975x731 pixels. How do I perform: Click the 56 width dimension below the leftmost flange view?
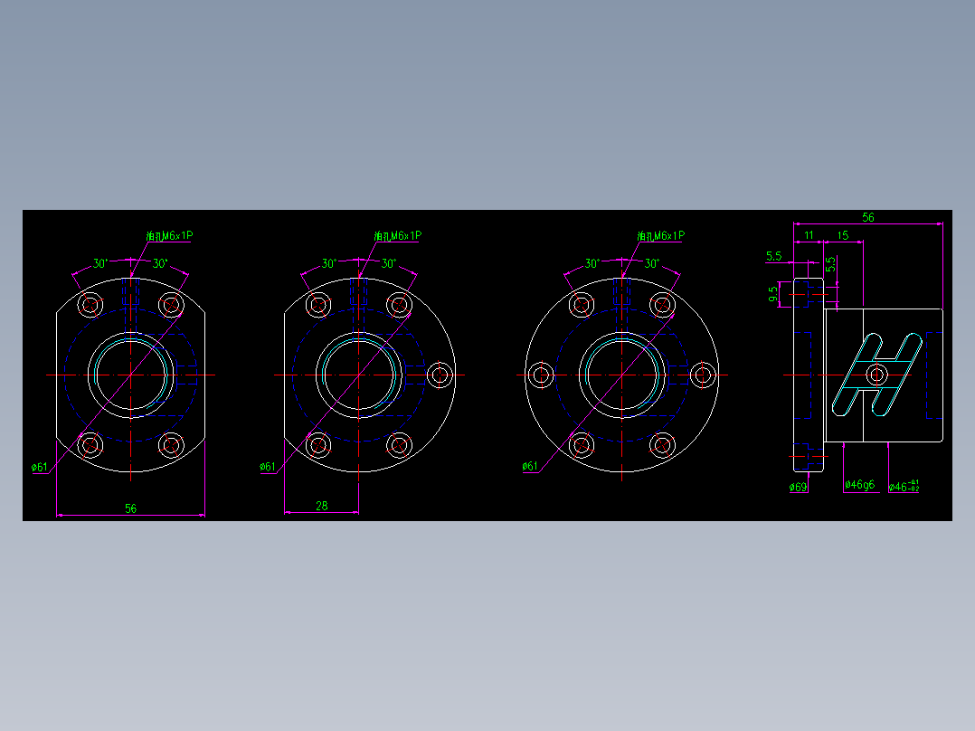[130, 508]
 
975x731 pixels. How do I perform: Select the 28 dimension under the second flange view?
[322, 506]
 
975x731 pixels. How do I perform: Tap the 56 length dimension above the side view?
[867, 217]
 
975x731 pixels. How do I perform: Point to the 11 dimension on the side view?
[809, 235]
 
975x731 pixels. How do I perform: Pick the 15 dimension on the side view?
[842, 235]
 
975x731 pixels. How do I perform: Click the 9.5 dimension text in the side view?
[772, 294]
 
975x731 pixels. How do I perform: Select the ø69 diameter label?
[798, 487]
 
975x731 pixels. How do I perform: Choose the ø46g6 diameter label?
[859, 485]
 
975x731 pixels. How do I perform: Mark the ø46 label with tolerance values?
[904, 486]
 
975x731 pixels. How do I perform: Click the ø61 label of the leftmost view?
[40, 467]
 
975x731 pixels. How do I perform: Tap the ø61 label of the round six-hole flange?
[530, 466]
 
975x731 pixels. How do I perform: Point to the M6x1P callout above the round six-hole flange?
[661, 236]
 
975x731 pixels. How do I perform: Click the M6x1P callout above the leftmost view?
[170, 236]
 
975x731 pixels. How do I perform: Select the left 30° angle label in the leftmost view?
[101, 263]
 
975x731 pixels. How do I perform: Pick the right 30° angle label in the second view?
[388, 263]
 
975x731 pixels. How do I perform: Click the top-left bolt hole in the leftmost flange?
[90, 304]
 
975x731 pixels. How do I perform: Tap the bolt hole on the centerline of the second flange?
[440, 375]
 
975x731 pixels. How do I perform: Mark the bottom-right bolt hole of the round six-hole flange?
[663, 444]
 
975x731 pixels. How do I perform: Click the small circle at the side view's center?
[876, 375]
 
